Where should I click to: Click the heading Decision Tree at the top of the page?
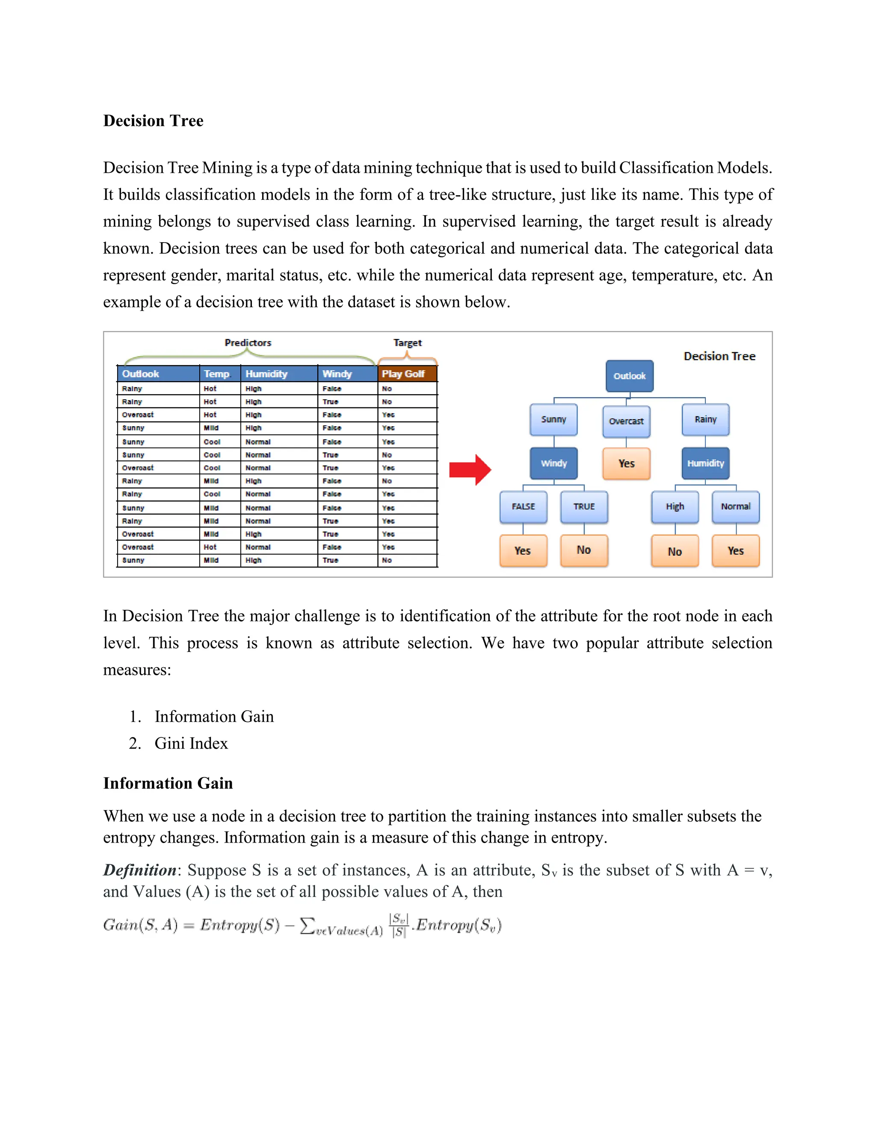153,121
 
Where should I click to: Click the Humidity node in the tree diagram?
705,463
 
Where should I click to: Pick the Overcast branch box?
626,421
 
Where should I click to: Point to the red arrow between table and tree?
470,470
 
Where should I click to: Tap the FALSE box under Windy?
523,506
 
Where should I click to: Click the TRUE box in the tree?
584,506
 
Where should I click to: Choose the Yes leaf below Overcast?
626,463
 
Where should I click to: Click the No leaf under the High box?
674,551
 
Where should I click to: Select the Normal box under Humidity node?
735,506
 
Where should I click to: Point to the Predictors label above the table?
248,343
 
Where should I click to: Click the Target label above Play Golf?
407,343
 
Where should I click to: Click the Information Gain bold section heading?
168,783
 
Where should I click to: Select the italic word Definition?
139,870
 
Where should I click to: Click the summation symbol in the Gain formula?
307,925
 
